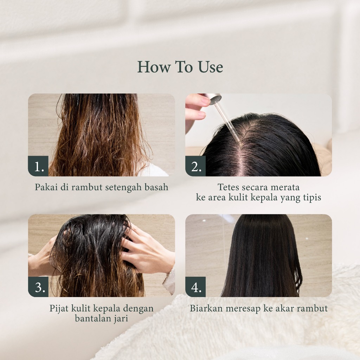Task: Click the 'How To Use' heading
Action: point(180,67)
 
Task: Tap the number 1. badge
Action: point(38,166)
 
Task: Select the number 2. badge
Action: point(195,166)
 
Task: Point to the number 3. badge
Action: point(38,287)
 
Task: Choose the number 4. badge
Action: point(195,287)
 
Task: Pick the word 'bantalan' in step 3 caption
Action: point(92,319)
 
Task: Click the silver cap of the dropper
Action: point(213,98)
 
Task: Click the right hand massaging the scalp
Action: point(147,249)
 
